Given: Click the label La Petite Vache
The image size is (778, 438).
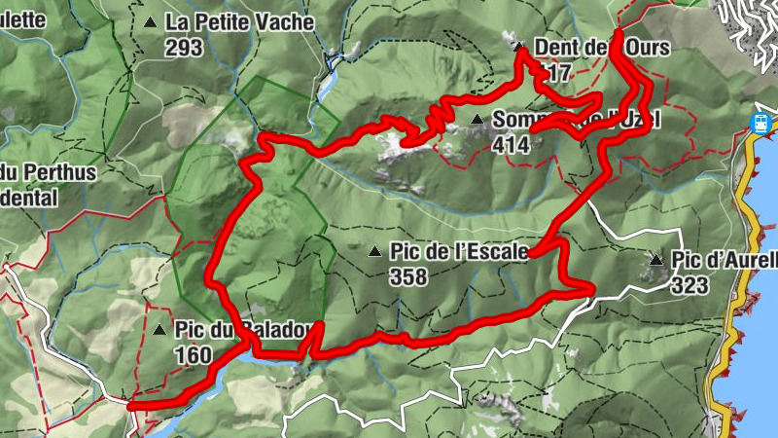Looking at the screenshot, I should tap(239, 21).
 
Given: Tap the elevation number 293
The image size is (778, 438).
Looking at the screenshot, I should tap(184, 47).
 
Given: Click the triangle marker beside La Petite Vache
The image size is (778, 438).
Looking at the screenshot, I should tap(149, 21).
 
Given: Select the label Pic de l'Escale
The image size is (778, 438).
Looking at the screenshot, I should tap(458, 251).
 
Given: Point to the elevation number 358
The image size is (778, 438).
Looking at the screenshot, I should tap(407, 276).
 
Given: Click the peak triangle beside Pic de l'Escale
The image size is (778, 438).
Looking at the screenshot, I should tap(374, 252).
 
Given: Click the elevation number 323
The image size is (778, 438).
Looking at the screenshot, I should tap(690, 285).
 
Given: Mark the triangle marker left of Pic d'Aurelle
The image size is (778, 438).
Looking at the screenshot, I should tap(656, 260).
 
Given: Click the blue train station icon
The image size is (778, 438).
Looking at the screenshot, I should tap(760, 124).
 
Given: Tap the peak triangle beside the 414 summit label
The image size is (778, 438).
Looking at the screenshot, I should tap(477, 120).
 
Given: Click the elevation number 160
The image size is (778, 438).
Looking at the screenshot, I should tap(194, 355).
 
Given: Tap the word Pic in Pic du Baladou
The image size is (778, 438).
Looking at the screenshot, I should tap(189, 330).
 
